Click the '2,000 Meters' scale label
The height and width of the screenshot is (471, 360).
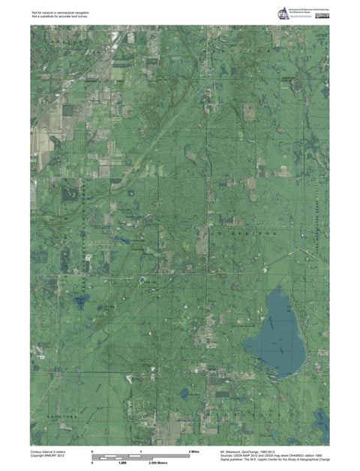click(160, 463)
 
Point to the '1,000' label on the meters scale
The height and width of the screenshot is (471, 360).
click(123, 463)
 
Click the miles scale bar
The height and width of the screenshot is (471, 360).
click(141, 457)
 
